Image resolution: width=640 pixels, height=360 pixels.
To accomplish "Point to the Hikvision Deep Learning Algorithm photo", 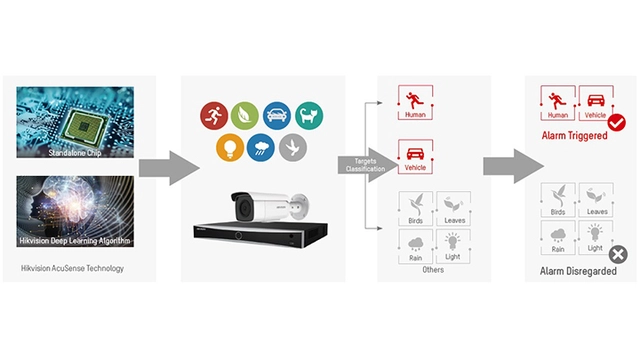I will pos(77,214).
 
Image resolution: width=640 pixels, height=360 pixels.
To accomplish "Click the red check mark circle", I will pos(617,121).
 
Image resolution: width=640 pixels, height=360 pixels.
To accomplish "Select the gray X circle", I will pos(619,254).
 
